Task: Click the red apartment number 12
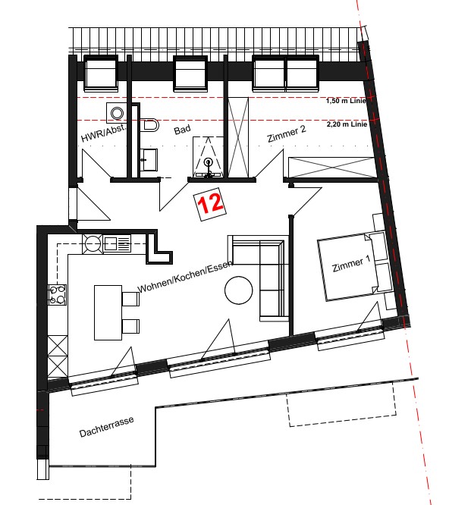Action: coord(210,203)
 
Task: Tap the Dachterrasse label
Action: coord(106,427)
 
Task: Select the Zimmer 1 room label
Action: coord(351,264)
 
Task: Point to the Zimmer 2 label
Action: coord(287,133)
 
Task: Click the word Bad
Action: coord(182,130)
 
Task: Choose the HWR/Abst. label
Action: coord(104,133)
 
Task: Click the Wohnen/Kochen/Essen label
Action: coord(185,276)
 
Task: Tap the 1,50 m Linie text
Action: coord(346,101)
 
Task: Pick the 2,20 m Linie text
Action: coord(347,124)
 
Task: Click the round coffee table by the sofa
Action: coord(239,290)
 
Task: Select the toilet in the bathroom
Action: coord(149,124)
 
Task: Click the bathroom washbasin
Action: coord(149,160)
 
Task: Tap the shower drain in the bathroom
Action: coord(209,162)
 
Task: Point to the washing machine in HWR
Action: coord(117,113)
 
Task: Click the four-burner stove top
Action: coord(58,295)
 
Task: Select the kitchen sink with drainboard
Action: coord(117,243)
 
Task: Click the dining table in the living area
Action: coord(108,312)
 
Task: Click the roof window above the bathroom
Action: coord(190,74)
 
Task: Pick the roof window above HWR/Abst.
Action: coord(101,74)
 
